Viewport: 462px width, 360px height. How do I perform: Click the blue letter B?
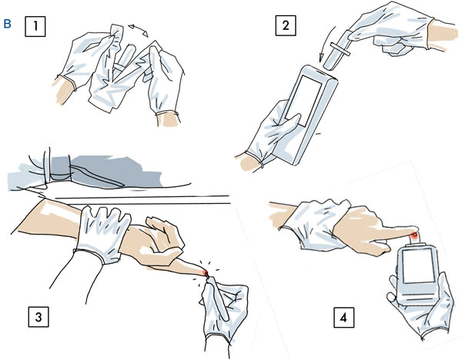tap(8, 24)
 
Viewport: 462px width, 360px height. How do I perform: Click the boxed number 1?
tap(35, 26)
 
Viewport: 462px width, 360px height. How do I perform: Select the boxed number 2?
tap(286, 25)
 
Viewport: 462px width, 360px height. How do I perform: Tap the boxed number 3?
tap(38, 316)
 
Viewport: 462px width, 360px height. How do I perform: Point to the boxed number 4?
tap(344, 318)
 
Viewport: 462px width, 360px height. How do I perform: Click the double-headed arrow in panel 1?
tap(139, 31)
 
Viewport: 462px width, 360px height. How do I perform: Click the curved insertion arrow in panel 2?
tap(326, 44)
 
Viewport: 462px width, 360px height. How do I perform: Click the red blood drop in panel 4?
tap(414, 235)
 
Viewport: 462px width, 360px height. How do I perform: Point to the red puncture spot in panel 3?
tap(205, 273)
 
